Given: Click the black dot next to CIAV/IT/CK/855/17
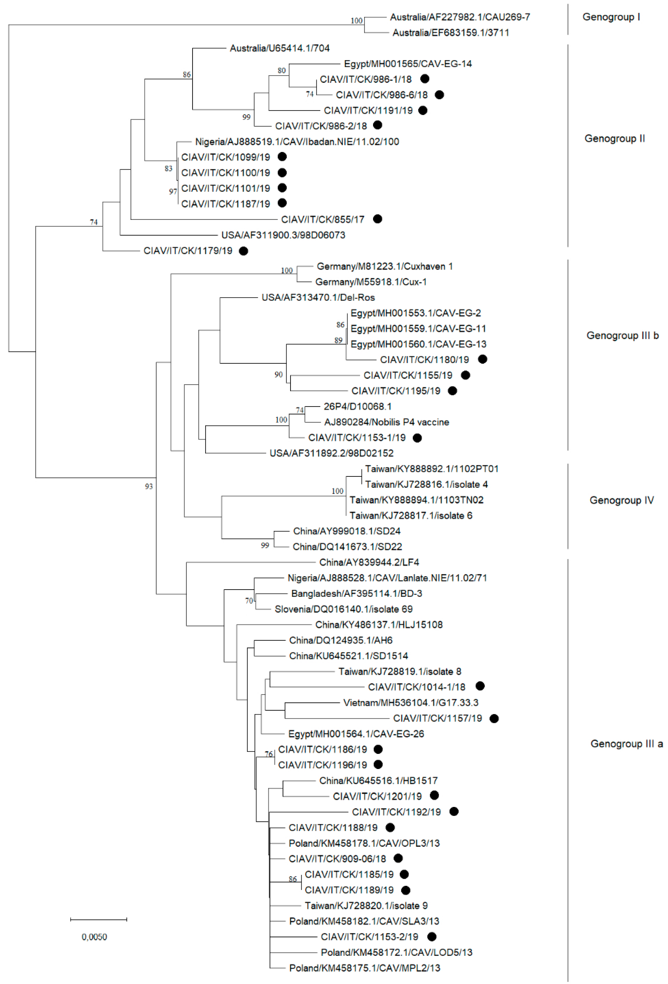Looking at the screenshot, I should (377, 219).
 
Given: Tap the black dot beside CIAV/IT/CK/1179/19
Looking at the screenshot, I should (243, 251).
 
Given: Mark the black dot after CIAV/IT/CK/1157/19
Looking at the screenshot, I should (494, 718).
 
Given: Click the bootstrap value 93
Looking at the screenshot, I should (148, 486).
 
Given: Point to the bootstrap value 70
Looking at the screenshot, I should (249, 601).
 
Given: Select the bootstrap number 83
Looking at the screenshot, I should (168, 168).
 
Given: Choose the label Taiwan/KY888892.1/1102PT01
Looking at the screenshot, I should (432, 469).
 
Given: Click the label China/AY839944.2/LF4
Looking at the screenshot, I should (369, 562).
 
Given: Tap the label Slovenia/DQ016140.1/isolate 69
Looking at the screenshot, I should (343, 609).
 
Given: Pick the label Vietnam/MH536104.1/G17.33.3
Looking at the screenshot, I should (410, 702).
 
